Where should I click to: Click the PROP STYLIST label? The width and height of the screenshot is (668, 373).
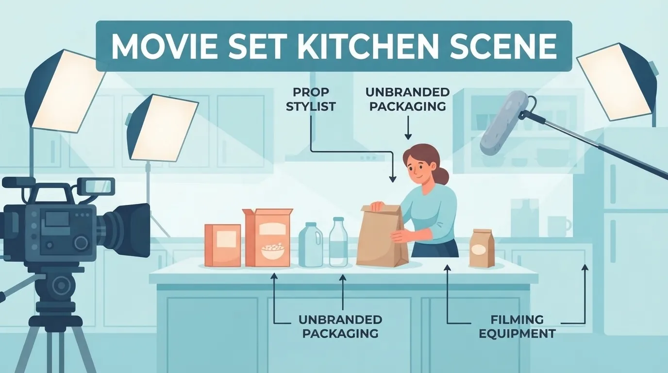pyautogui.click(x=311, y=100)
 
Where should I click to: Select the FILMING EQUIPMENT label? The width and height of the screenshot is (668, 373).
pyautogui.click(x=517, y=326)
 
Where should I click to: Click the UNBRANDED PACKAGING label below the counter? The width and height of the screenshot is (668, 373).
pyautogui.click(x=340, y=326)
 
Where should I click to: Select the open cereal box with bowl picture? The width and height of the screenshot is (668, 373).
pyautogui.click(x=267, y=237)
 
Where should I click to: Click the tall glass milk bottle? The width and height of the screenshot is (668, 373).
pyautogui.click(x=338, y=242)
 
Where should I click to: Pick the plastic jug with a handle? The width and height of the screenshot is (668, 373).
pyautogui.click(x=311, y=245)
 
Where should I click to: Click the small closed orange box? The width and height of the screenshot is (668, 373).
pyautogui.click(x=223, y=245)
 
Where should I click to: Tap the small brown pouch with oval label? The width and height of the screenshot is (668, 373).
pyautogui.click(x=481, y=248)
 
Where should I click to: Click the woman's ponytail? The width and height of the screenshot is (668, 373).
pyautogui.click(x=443, y=176)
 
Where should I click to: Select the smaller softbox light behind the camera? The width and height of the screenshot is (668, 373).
pyautogui.click(x=163, y=128)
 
